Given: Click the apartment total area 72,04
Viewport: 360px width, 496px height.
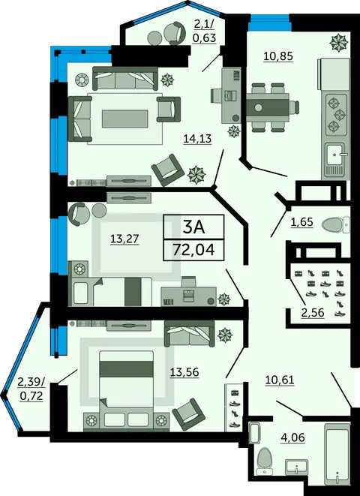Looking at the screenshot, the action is pos(193,250).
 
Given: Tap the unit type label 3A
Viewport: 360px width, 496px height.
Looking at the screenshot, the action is pos(194,227).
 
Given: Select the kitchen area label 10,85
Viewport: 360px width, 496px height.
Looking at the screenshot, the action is pos(278,56).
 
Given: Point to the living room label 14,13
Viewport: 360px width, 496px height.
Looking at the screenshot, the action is pos(197,139).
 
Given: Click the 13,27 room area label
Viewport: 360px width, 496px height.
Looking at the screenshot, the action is pos(124,239).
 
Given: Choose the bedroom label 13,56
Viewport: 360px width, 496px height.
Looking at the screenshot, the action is pos(184,372).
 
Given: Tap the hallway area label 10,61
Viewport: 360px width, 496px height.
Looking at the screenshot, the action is pos(280,380).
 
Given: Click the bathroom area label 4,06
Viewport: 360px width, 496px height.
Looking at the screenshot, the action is pos(293,437).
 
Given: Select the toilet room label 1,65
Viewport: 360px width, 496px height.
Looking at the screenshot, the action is pos(301,222).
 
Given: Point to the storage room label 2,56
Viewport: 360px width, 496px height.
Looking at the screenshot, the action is pos(313,312).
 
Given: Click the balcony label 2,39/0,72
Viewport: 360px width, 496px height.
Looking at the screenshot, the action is pos(31,389).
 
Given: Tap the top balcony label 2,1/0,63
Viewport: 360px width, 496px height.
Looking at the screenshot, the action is pos(204,31).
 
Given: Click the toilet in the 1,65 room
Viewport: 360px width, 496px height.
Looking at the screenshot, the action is pos(336,224).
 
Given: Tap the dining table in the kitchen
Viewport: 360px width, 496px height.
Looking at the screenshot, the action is pos(267,107).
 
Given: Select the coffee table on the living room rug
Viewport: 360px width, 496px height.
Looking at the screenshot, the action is pos(124,119).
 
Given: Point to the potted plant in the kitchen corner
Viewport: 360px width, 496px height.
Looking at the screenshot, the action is pos(339,43).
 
